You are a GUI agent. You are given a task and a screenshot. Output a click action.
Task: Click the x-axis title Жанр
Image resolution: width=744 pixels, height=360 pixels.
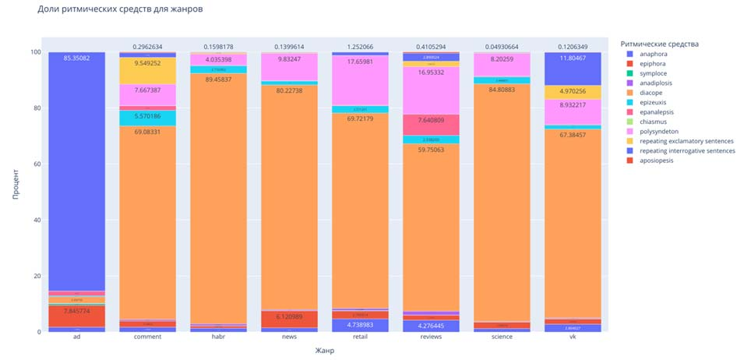pos(324,351)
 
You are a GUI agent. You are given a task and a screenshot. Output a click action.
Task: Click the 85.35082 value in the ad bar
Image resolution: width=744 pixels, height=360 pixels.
pos(76,58)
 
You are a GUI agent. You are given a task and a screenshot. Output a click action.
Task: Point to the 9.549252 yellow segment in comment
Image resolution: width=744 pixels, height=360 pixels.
pos(147,63)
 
